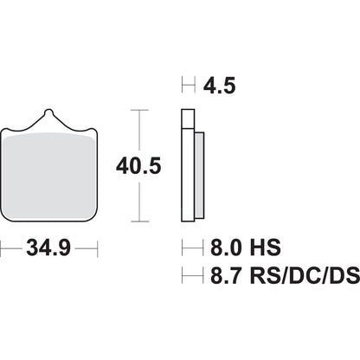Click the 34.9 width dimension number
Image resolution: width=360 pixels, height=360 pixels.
click(49, 249)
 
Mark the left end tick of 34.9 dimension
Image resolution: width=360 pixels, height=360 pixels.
click(2, 249)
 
